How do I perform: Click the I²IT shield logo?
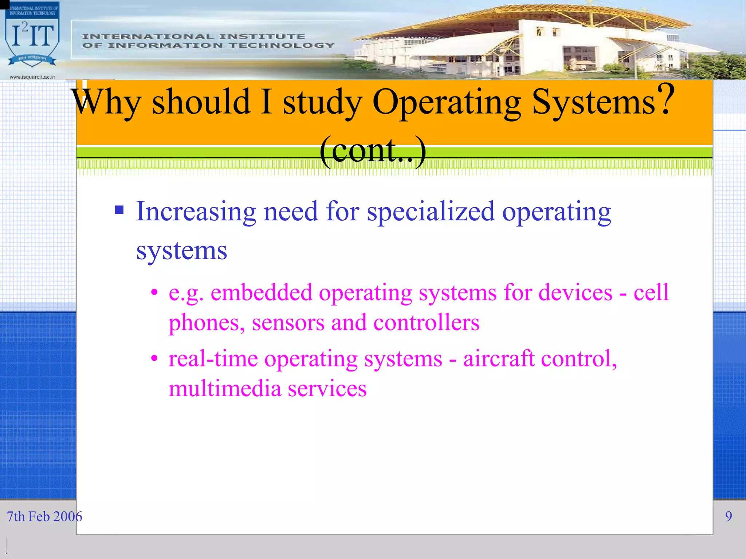[x=32, y=36]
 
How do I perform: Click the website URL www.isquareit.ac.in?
[x=32, y=77]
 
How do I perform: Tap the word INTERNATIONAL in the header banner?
[x=147, y=36]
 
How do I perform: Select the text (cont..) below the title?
[x=373, y=151]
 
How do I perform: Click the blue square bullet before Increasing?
[x=119, y=210]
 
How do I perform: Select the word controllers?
[x=426, y=323]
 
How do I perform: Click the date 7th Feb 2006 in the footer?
[x=44, y=516]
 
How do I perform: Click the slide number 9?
[x=728, y=516]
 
